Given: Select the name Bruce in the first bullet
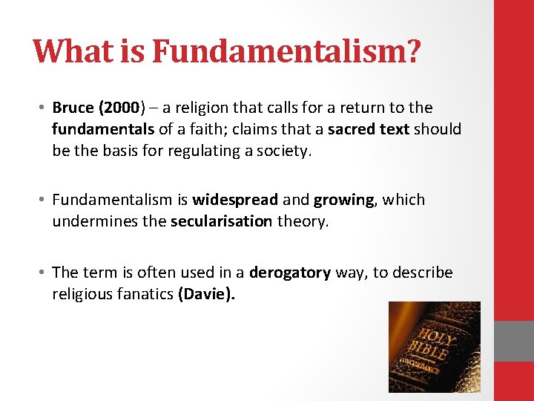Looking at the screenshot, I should [73, 108].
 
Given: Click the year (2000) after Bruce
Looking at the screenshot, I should [117, 108].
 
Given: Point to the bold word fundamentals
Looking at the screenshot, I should [103, 129].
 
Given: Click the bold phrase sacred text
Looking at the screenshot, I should [368, 129].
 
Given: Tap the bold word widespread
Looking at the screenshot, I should [235, 200].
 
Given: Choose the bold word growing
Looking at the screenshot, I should [344, 200].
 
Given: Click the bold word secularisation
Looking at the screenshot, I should [221, 221].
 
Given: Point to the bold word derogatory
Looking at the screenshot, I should [290, 273].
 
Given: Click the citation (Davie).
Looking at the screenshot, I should [206, 294].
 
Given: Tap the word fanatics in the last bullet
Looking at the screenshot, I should [146, 294].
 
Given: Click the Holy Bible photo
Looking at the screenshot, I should [434, 347].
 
